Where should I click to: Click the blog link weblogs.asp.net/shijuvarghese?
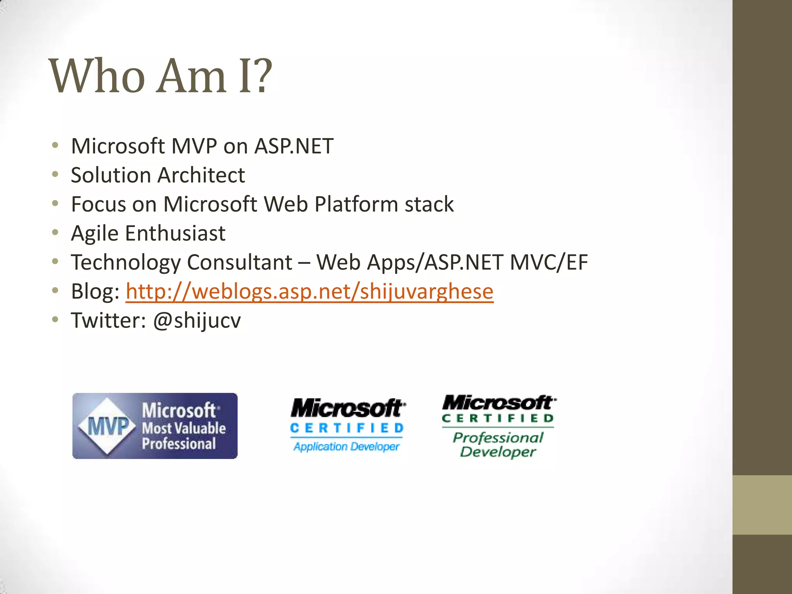pos(309,291)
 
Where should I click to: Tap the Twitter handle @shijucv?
pos(197,321)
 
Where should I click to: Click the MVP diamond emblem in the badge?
pos(108,426)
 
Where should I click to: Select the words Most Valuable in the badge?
pos(184,428)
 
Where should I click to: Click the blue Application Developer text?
pos(346,447)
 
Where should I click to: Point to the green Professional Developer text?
pos(498,445)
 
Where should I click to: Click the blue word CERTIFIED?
pos(347,428)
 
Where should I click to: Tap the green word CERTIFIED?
pos(498,418)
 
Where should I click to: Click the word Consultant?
pos(240,263)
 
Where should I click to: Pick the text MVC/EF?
pos(549,262)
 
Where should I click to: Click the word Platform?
pos(356,204)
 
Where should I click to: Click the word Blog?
pos(95,291)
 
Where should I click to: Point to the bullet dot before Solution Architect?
pos(55,174)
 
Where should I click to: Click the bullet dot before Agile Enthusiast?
pos(55,232)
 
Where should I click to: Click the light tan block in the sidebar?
pos(762,505)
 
